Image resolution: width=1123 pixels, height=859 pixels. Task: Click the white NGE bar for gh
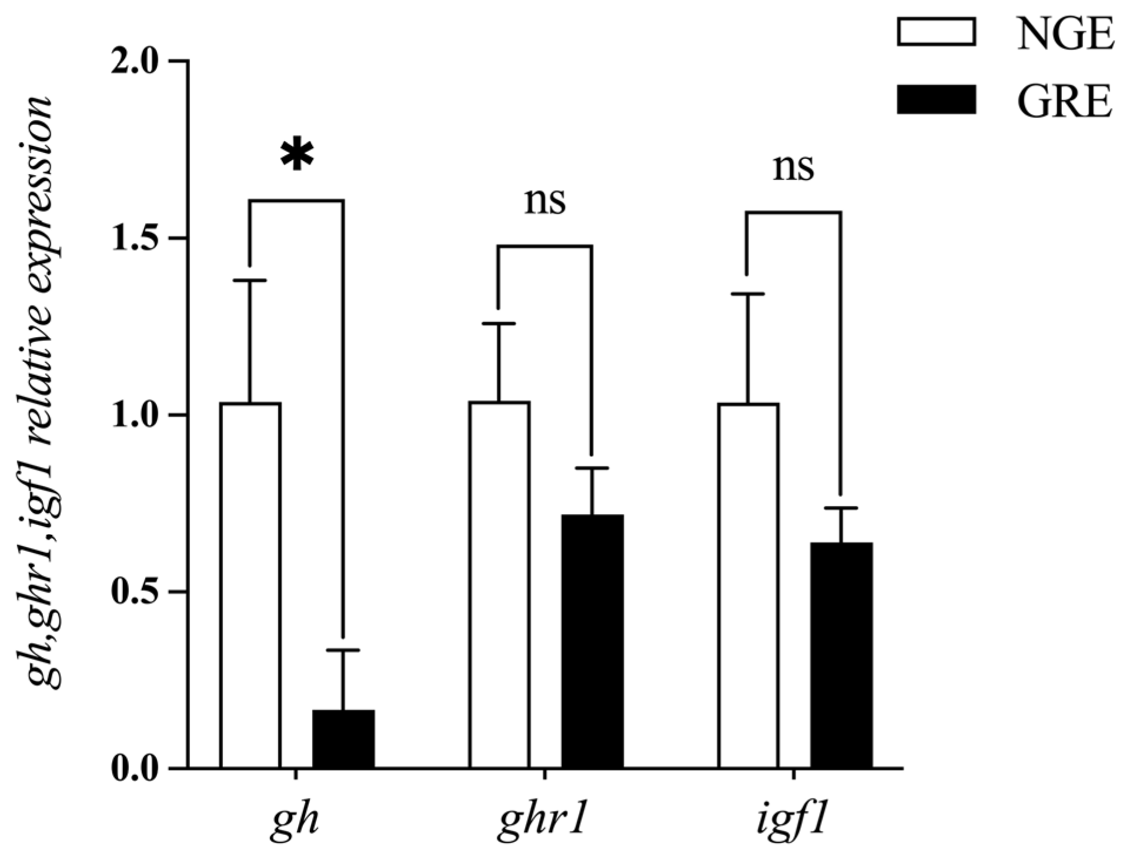(x=250, y=585)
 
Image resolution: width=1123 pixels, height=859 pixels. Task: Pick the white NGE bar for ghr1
(x=499, y=585)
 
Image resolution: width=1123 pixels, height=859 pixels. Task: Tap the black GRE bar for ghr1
(x=592, y=641)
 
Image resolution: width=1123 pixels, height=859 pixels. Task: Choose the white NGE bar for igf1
(x=748, y=586)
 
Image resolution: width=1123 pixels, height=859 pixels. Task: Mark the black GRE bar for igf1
(x=841, y=655)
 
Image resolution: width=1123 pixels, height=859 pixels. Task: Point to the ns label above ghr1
(x=545, y=202)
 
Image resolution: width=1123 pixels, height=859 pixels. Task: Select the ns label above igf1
(x=794, y=168)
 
